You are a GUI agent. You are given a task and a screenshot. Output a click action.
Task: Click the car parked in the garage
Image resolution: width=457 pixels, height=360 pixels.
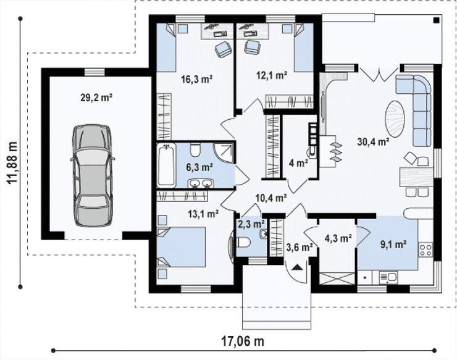click(x=93, y=175)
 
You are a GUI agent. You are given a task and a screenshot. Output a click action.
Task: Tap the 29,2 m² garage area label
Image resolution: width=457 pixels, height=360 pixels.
click(x=96, y=98)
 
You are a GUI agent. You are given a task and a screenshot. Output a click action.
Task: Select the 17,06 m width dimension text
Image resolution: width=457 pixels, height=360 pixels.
click(x=243, y=341)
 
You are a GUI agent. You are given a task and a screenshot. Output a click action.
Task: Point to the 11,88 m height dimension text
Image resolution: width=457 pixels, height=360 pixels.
click(x=12, y=162)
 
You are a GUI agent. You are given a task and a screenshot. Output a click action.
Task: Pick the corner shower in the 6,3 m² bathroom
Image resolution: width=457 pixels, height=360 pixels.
click(x=224, y=153)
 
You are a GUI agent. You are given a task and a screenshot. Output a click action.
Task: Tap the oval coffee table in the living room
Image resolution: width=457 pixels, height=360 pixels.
click(x=395, y=119)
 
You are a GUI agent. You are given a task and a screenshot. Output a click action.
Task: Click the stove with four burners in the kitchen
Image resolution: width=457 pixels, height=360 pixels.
click(x=426, y=250)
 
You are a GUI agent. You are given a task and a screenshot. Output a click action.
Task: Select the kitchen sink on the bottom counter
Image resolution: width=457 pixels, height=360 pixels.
click(x=389, y=277)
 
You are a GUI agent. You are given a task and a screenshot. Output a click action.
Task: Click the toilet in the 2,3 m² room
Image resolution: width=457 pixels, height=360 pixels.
click(x=244, y=242)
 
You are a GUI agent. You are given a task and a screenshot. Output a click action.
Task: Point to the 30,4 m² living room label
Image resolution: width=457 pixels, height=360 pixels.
click(x=374, y=142)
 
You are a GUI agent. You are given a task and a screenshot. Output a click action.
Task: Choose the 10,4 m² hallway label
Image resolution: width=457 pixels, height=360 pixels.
click(x=271, y=198)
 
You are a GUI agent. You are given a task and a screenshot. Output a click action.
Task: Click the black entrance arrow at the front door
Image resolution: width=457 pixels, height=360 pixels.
click(x=297, y=267)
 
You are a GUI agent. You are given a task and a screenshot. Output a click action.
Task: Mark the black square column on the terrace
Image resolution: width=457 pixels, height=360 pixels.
click(x=436, y=20)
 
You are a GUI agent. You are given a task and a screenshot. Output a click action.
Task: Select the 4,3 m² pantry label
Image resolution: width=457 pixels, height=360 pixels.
click(x=338, y=238)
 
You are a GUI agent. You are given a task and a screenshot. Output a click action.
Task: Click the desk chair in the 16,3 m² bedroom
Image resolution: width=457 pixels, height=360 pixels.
click(x=224, y=48)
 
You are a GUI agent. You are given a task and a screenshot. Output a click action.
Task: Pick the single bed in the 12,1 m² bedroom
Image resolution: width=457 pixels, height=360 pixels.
click(x=303, y=48)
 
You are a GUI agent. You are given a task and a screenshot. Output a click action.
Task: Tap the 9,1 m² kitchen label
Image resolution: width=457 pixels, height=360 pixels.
click(x=393, y=245)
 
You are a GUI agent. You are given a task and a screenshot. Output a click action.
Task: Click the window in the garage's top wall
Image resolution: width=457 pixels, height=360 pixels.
click(x=94, y=72)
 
